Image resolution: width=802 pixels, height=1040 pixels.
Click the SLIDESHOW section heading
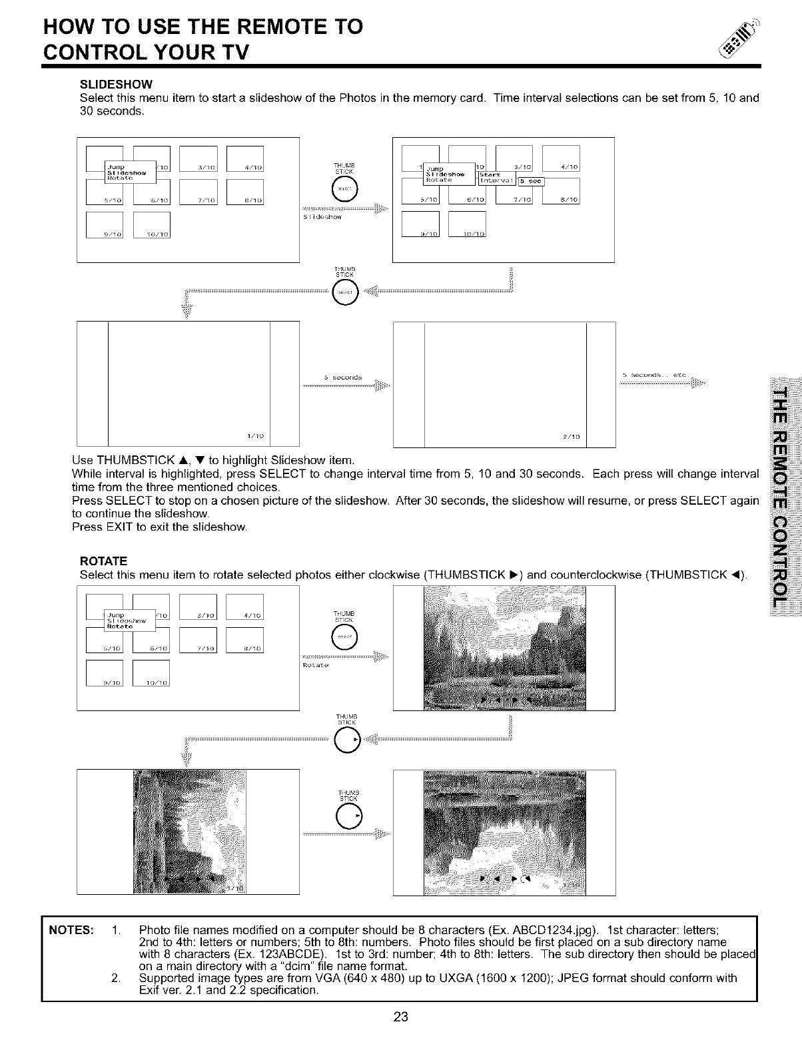click(117, 85)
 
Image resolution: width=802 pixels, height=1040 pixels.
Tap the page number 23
click(400, 1017)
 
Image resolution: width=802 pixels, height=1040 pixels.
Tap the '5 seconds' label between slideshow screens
click(342, 378)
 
